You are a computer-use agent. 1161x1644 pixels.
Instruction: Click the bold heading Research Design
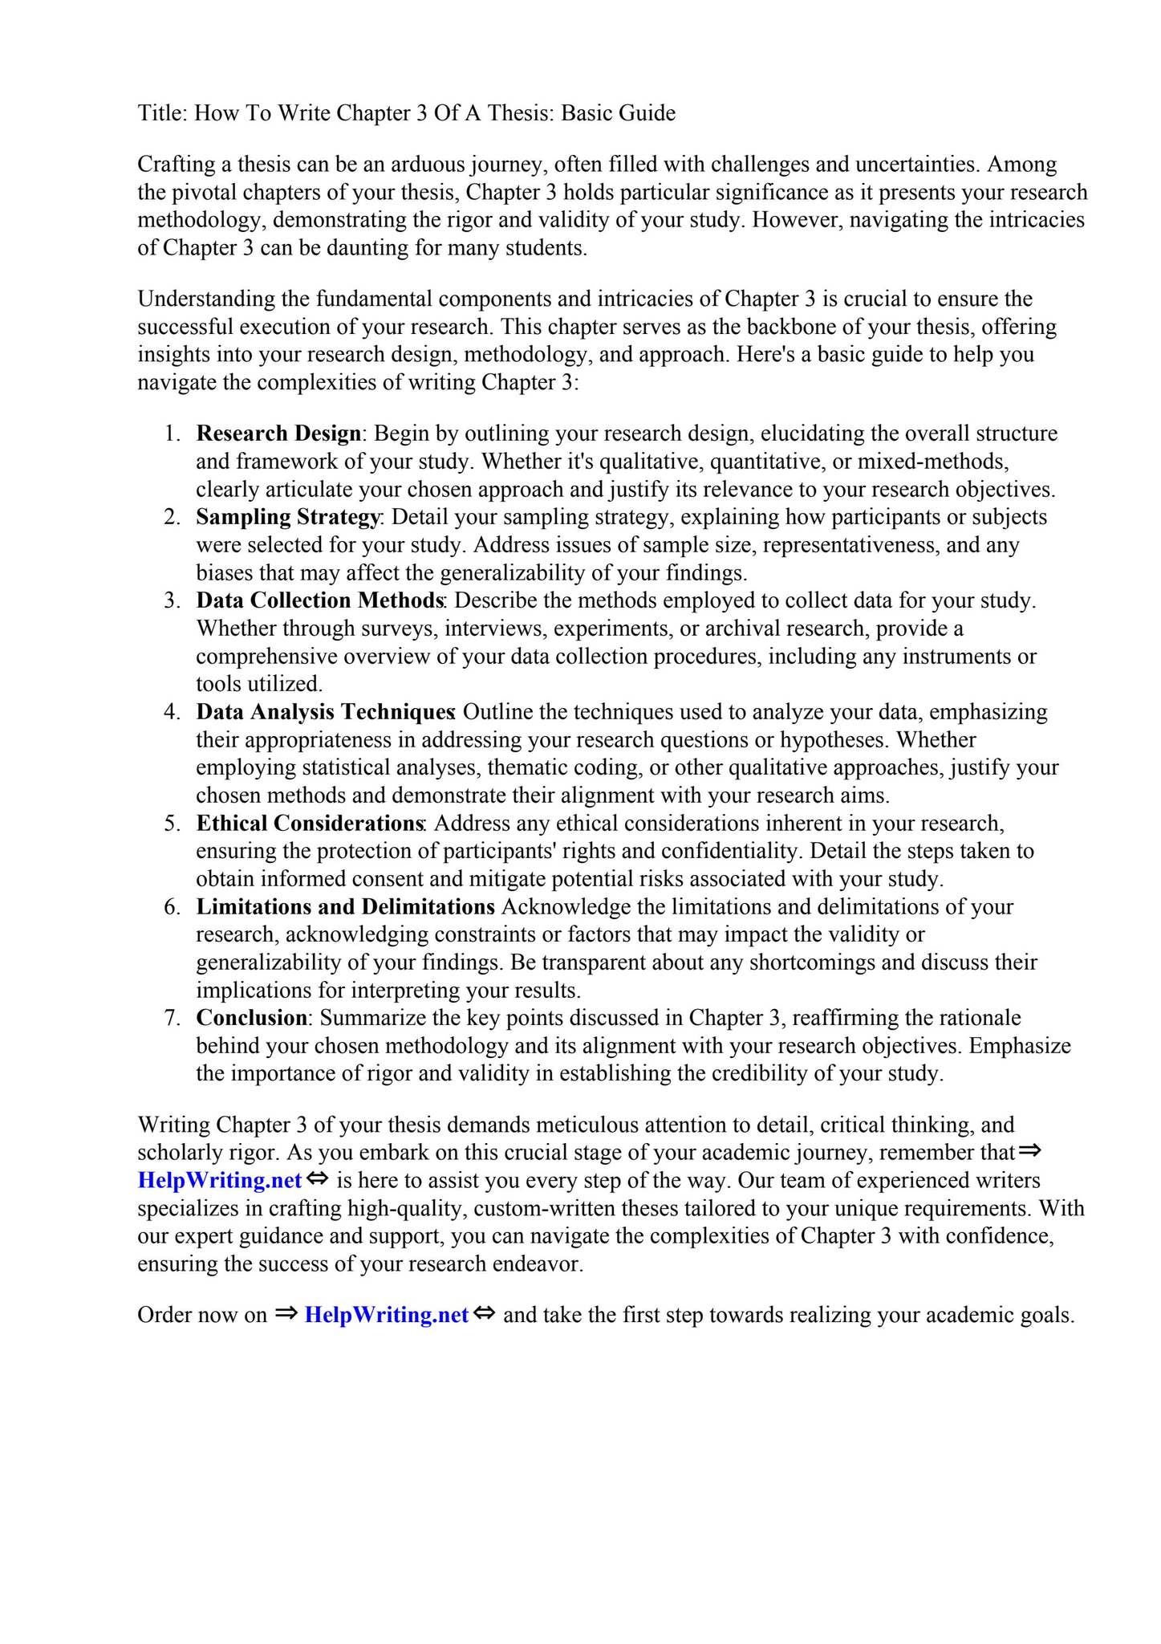coord(278,433)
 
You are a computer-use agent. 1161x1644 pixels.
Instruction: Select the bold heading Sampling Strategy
coord(287,517)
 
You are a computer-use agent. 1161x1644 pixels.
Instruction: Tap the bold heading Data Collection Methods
coord(319,600)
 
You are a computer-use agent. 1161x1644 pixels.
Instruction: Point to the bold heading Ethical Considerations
coord(310,824)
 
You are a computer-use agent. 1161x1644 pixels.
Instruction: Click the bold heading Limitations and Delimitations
coord(345,907)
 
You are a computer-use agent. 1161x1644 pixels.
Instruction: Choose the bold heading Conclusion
coord(251,1018)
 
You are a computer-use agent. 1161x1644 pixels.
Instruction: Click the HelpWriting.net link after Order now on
coord(386,1315)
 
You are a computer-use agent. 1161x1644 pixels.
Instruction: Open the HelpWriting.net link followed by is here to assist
coord(220,1180)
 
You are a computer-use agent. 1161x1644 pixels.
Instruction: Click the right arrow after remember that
coord(1029,1151)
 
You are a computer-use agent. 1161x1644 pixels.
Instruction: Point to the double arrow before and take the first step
coord(485,1314)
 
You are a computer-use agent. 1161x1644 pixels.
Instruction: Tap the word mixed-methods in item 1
coord(933,462)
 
